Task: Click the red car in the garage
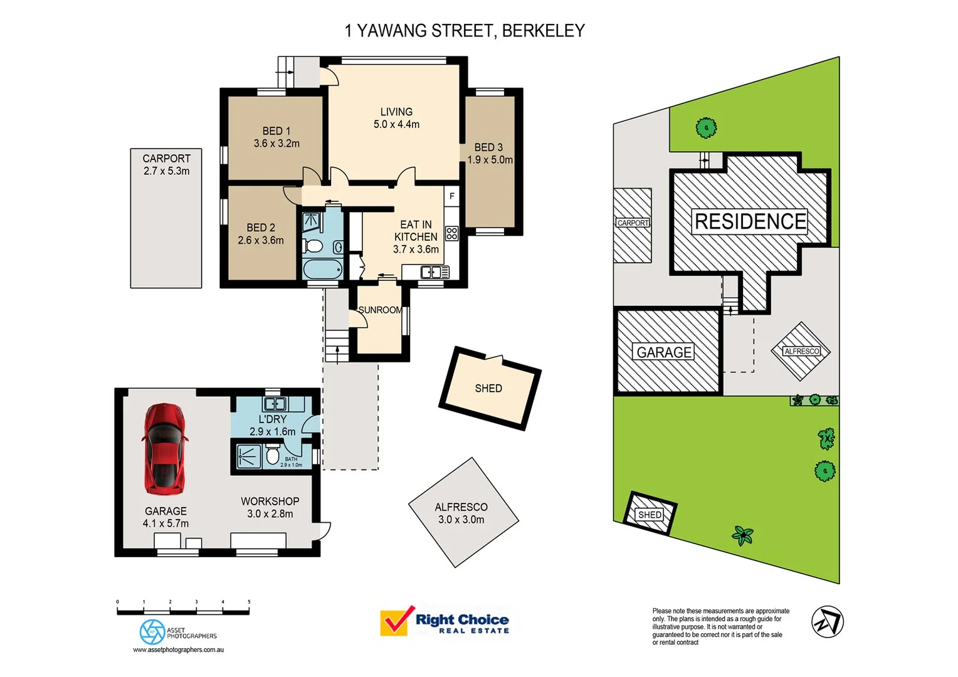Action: pyautogui.click(x=165, y=449)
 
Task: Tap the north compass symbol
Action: pyautogui.click(x=827, y=622)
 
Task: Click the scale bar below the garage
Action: pyautogui.click(x=183, y=611)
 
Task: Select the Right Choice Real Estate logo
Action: pyautogui.click(x=445, y=621)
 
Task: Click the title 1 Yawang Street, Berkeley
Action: pyautogui.click(x=465, y=31)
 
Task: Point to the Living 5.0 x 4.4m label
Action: pyautogui.click(x=396, y=118)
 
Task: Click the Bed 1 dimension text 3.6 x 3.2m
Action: pyautogui.click(x=276, y=144)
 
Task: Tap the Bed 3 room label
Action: pyautogui.click(x=489, y=147)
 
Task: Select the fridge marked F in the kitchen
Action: pyautogui.click(x=451, y=196)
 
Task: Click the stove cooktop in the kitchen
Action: pyautogui.click(x=451, y=234)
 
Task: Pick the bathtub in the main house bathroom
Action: pyautogui.click(x=322, y=270)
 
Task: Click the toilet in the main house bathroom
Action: pyautogui.click(x=313, y=245)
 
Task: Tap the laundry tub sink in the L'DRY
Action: pyautogui.click(x=275, y=404)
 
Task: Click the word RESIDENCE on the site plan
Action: pyautogui.click(x=750, y=222)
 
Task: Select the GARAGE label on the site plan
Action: pyautogui.click(x=664, y=352)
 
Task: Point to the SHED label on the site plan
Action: pyautogui.click(x=650, y=515)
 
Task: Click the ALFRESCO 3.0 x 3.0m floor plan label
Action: pyautogui.click(x=461, y=513)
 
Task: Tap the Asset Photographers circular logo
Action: pyautogui.click(x=152, y=632)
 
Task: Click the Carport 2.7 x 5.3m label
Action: pyautogui.click(x=166, y=165)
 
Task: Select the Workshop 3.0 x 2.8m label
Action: pyautogui.click(x=270, y=507)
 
